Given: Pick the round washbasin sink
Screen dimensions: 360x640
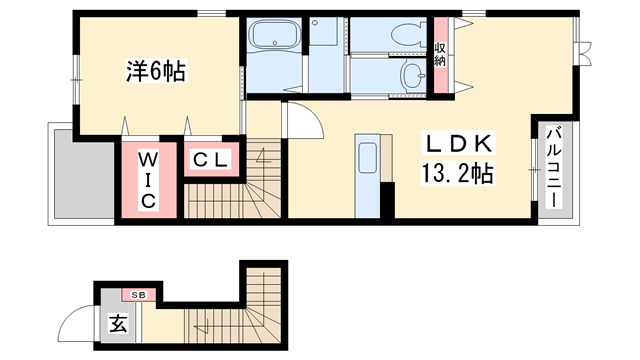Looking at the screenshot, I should (412, 74).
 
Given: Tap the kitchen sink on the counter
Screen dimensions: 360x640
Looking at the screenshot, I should (366, 157).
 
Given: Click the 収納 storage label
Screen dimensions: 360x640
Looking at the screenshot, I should (441, 56).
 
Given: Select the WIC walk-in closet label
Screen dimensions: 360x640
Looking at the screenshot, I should (147, 180).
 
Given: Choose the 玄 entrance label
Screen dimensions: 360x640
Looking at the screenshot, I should (117, 325).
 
